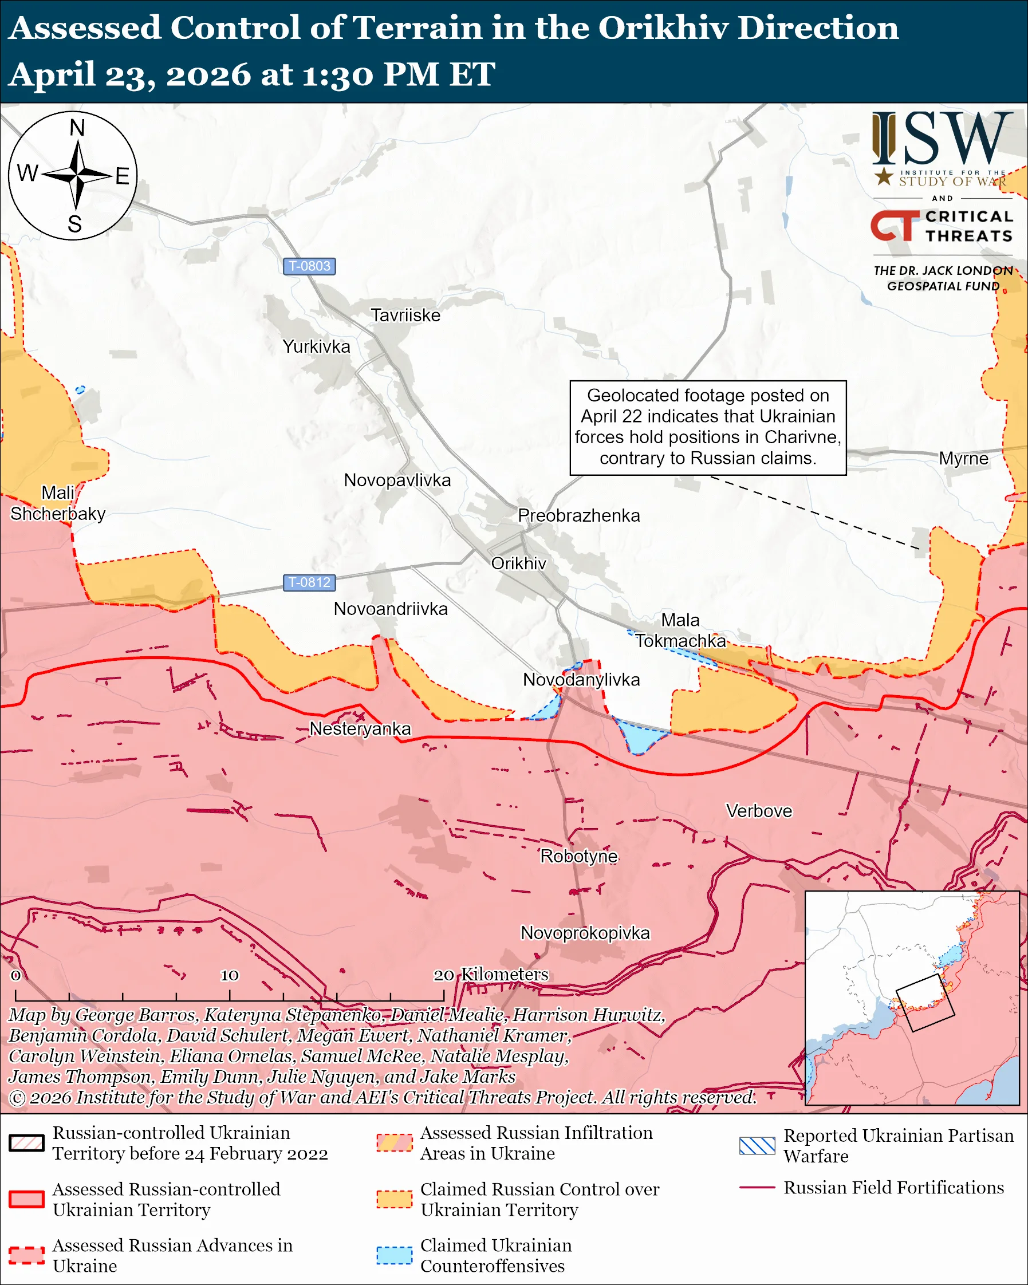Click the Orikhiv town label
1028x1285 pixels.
tap(518, 563)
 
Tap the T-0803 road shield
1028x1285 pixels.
tap(309, 266)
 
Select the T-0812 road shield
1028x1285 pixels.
tap(309, 582)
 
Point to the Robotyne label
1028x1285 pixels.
tap(578, 856)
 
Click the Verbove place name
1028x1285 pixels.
tap(759, 811)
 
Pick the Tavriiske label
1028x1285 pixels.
tap(405, 316)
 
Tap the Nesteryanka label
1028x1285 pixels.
tap(360, 728)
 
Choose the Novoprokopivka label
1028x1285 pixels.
tap(585, 933)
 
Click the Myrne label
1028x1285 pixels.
tap(963, 458)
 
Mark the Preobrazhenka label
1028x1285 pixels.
tap(578, 515)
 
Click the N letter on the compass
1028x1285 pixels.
tap(77, 128)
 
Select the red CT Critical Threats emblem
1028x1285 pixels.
tap(895, 226)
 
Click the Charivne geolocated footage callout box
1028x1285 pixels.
tap(708, 427)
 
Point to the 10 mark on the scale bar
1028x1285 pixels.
tap(230, 976)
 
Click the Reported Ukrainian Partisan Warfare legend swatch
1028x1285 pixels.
tap(757, 1145)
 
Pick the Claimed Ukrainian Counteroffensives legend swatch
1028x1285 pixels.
tap(394, 1255)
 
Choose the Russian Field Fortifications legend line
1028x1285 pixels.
tap(757, 1188)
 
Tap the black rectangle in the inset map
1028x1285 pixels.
tap(925, 1003)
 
